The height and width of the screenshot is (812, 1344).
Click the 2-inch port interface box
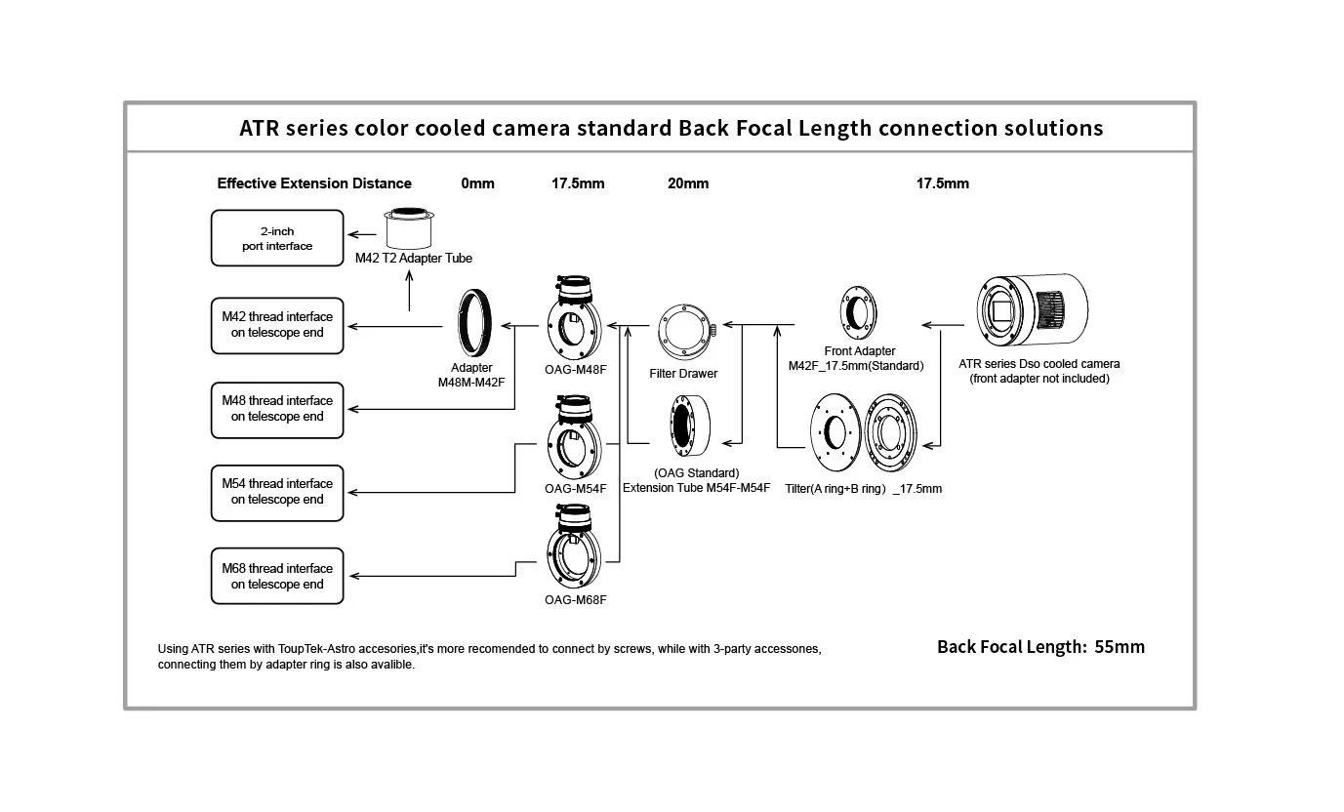pos(277,238)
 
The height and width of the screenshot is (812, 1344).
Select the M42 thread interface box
pos(277,325)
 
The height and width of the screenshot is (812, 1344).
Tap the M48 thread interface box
pos(277,409)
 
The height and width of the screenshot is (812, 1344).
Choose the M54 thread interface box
pos(277,492)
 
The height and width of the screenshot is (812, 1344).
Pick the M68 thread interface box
pos(277,577)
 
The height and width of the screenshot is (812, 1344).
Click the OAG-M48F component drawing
pos(575,318)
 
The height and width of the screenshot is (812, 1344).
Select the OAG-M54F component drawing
pos(575,436)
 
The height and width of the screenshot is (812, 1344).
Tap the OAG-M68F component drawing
pos(575,549)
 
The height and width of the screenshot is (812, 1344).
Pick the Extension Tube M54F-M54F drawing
pos(694,425)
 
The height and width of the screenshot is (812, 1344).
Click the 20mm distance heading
pos(688,183)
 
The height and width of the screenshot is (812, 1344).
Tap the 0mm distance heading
pos(477,183)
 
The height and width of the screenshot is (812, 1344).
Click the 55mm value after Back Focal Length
pos(1120,647)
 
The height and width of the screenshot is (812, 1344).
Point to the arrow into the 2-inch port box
pos(363,234)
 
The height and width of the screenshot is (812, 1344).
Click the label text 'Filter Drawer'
pos(683,374)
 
